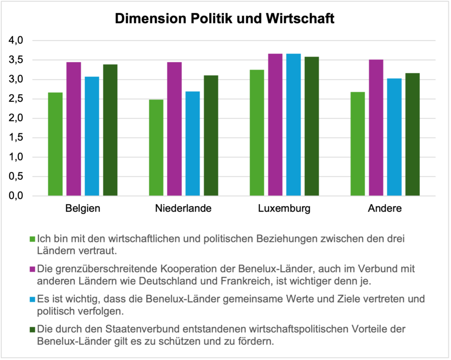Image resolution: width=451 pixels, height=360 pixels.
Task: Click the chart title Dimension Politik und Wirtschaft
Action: pyautogui.click(x=225, y=19)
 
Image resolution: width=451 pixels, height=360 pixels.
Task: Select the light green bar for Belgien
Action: pyautogui.click(x=55, y=144)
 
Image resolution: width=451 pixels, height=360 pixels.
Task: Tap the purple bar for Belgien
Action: pyautogui.click(x=74, y=129)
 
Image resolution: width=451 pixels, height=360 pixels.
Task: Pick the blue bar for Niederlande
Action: pyautogui.click(x=193, y=144)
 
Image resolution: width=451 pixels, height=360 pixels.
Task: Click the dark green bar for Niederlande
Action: pyautogui.click(x=211, y=136)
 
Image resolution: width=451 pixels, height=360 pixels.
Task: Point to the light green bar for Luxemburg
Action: pyautogui.click(x=257, y=133)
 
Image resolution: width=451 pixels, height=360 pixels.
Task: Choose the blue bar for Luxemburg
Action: pyautogui.click(x=294, y=125)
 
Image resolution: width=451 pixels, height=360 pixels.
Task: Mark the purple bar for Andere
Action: pyautogui.click(x=376, y=128)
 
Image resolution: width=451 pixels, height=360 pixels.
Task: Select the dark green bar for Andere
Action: pyautogui.click(x=413, y=134)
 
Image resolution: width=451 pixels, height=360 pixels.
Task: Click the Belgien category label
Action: pyautogui.click(x=83, y=208)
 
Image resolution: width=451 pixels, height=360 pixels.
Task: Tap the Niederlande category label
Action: pyautogui.click(x=183, y=208)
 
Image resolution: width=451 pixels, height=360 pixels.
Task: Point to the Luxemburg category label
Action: pyautogui.click(x=284, y=208)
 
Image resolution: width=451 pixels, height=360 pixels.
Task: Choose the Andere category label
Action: pyautogui.click(x=385, y=208)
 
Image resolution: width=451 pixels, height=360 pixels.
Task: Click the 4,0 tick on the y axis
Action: pyautogui.click(x=16, y=41)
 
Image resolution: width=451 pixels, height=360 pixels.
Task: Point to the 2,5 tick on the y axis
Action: pyautogui.click(x=16, y=99)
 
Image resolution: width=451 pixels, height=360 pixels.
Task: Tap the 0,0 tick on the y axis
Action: pyautogui.click(x=16, y=196)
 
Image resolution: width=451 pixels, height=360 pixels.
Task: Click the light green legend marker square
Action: pyautogui.click(x=33, y=239)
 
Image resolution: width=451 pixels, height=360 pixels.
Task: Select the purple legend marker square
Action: pyautogui.click(x=33, y=269)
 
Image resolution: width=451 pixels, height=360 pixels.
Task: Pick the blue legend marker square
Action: pyautogui.click(x=33, y=299)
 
